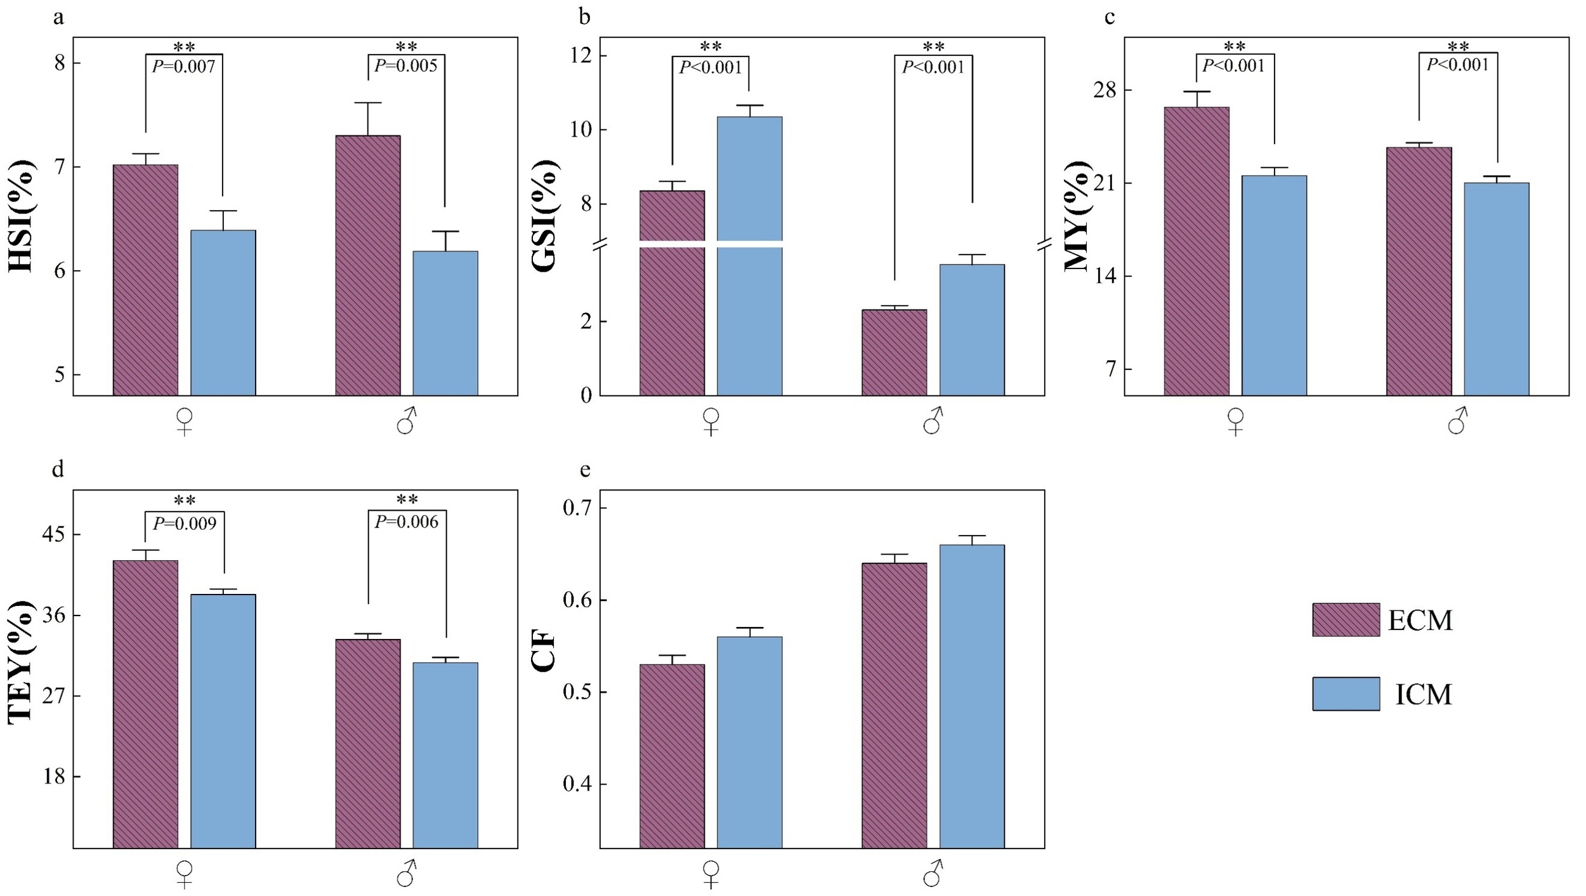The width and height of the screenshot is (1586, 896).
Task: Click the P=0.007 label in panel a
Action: tap(184, 66)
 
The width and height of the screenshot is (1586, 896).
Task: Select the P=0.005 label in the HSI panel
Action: tap(406, 65)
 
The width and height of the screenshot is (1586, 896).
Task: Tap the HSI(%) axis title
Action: tap(20, 216)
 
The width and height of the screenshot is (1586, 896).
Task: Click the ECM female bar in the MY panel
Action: tap(1196, 254)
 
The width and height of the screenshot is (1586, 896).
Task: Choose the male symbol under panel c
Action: tap(1457, 421)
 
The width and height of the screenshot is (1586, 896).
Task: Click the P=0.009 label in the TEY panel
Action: tap(184, 524)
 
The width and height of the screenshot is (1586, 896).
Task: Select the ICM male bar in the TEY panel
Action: tap(445, 755)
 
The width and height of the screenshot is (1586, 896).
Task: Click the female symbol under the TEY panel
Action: tap(184, 874)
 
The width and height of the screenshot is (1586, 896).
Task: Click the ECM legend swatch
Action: tap(1346, 619)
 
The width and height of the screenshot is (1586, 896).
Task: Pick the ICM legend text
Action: tap(1423, 695)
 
